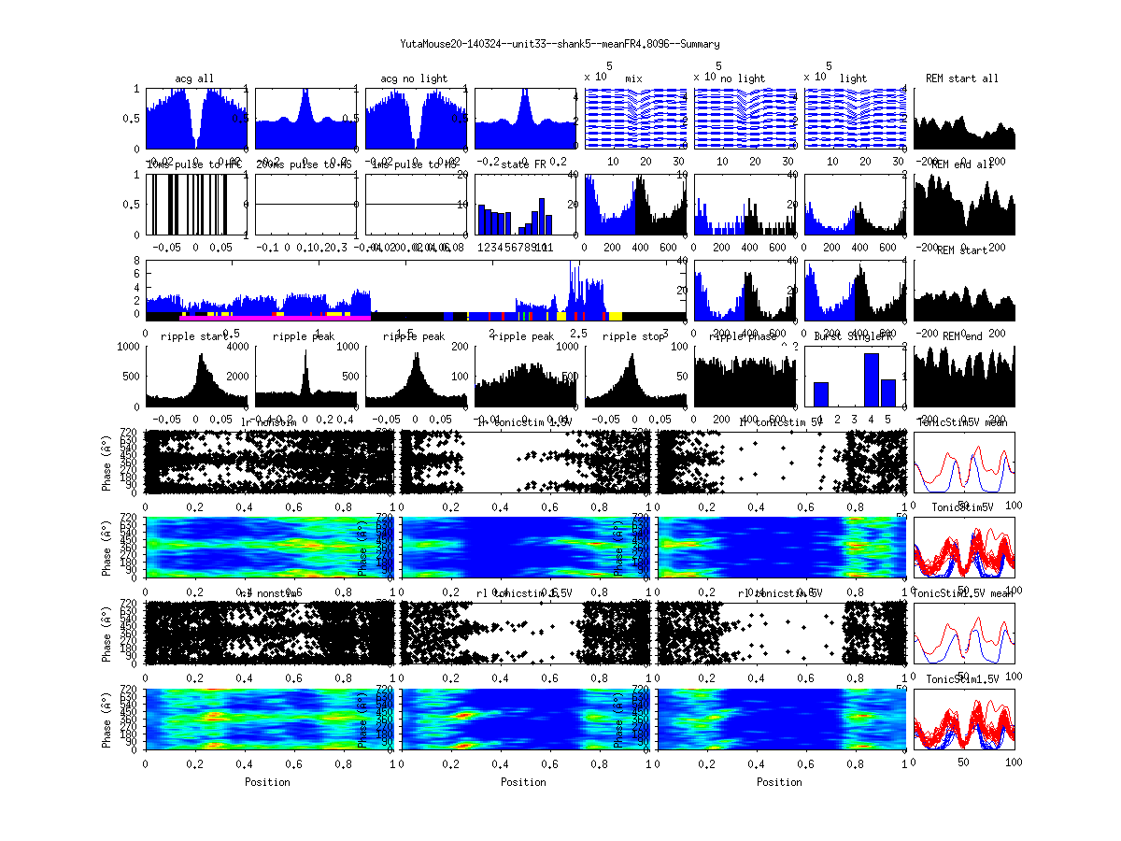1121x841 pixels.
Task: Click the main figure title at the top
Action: point(560,44)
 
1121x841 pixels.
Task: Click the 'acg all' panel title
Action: point(195,78)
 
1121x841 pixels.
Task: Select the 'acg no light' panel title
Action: point(414,78)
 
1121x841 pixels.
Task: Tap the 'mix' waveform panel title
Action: point(634,78)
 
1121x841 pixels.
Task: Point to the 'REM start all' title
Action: point(962,78)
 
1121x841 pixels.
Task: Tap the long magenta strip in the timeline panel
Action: point(271,319)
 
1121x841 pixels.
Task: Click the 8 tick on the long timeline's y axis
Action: point(137,261)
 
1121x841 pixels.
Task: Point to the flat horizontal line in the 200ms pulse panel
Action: point(305,204)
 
